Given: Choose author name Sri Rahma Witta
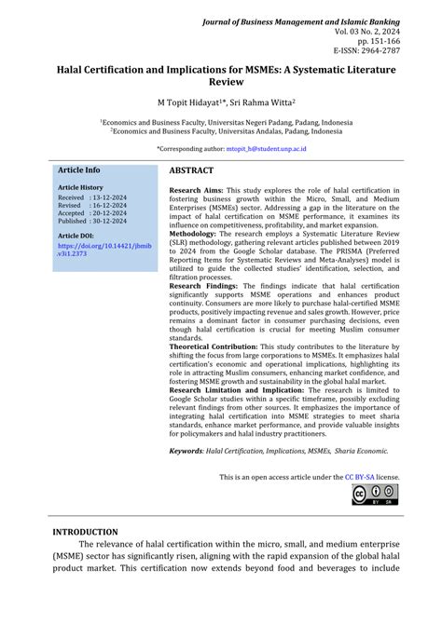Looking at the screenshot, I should pyautogui.click(x=260, y=102).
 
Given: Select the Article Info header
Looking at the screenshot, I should pyautogui.click(x=79, y=170).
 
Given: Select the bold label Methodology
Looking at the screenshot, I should pyautogui.click(x=197, y=233).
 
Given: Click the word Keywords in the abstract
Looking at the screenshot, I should pyautogui.click(x=185, y=452).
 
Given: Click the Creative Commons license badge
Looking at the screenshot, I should pyautogui.click(x=375, y=495).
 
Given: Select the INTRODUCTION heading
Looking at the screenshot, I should pyautogui.click(x=85, y=533).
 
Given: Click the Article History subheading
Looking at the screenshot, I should pyautogui.click(x=81, y=187).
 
